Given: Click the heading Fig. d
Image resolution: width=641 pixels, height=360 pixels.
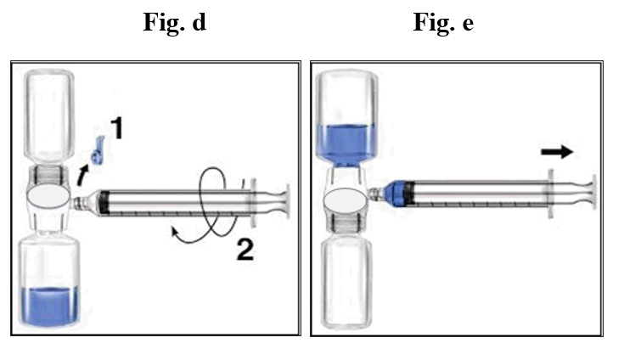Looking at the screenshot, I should (174, 23).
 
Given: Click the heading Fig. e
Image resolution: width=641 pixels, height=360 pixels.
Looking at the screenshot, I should (443, 23).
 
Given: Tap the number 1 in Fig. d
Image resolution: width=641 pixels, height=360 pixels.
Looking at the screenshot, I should (117, 129).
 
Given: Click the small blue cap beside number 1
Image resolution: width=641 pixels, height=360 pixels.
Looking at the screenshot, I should (97, 151).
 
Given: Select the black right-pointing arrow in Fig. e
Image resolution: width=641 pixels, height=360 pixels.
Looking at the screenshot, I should (558, 152).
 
